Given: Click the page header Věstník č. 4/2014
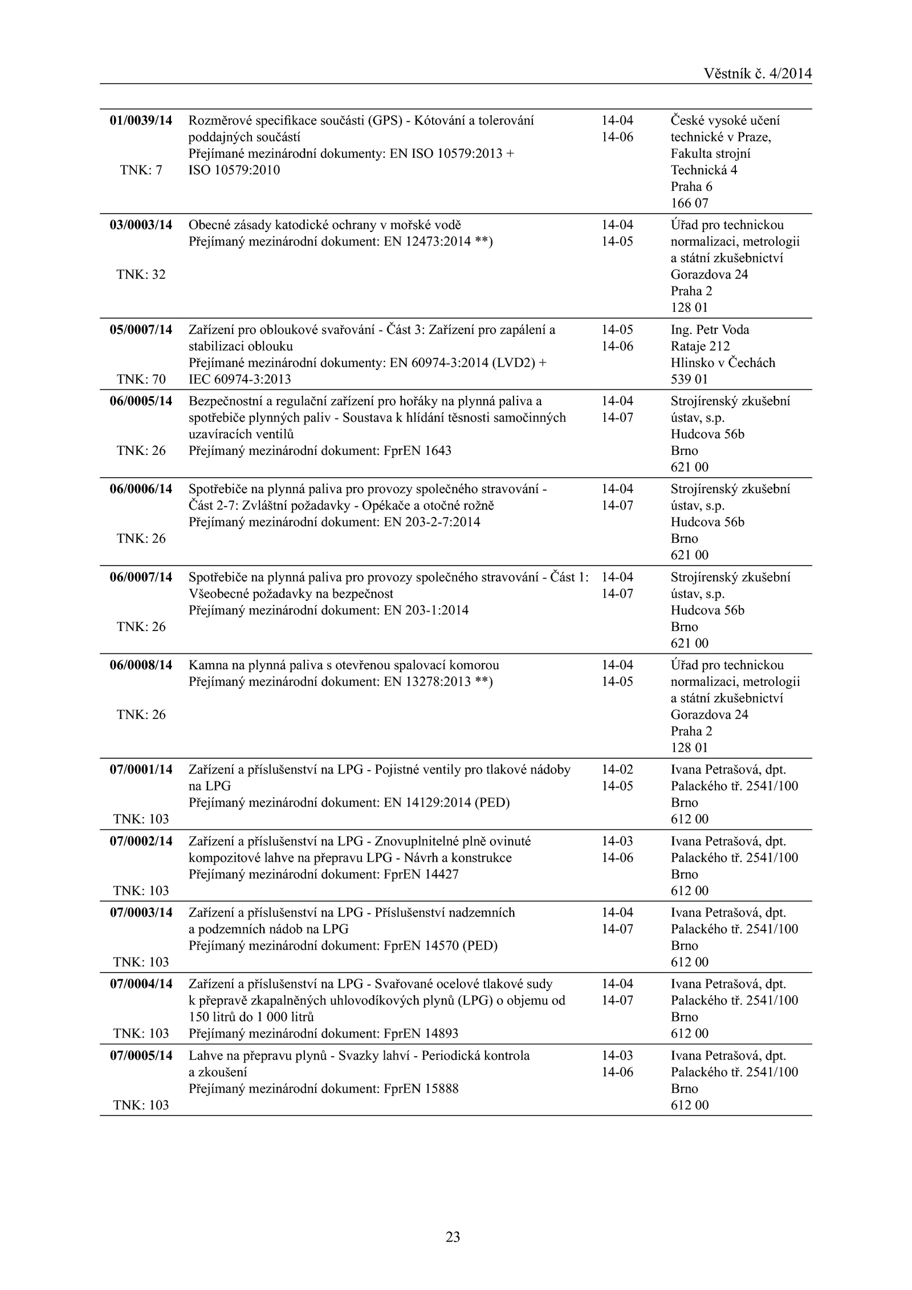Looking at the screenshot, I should click(x=758, y=74).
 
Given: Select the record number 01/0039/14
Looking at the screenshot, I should click(x=141, y=120).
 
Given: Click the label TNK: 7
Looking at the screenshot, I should click(x=141, y=170).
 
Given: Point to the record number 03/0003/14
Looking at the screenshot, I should click(x=141, y=225).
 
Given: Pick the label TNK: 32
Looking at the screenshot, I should click(x=141, y=274).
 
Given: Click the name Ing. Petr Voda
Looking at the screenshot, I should click(x=710, y=329).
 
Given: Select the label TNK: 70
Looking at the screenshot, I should click(x=141, y=379).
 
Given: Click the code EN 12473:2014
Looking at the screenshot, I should click(x=427, y=241).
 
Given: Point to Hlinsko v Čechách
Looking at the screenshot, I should click(x=723, y=363).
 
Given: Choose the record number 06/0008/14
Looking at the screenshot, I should click(x=141, y=665).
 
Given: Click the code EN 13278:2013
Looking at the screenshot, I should click(x=427, y=681).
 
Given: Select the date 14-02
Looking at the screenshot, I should click(x=617, y=769).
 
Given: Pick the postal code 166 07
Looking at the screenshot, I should click(x=689, y=203).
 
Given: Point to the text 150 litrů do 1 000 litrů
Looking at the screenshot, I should click(x=251, y=1016).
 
